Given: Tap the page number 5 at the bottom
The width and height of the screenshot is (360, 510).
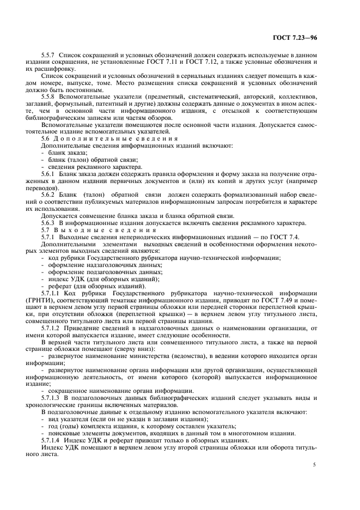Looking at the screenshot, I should tap(314, 465).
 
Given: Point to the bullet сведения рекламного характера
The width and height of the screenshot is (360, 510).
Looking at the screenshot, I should tap(87, 167).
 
